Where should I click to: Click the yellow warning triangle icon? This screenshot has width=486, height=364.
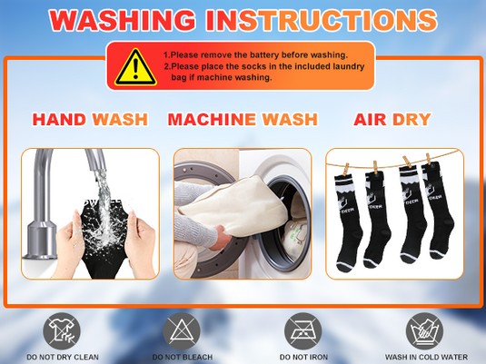point(135,67)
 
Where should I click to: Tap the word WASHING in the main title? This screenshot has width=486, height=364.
point(123,20)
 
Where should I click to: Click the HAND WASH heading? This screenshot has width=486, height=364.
point(90,119)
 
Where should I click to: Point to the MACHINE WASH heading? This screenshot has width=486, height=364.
point(243,119)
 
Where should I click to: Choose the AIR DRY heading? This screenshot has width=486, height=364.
point(392,119)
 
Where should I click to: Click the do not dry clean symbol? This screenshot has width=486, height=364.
point(62,330)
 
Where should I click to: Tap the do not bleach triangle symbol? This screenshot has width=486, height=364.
point(182,330)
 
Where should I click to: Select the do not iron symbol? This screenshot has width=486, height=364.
point(303,330)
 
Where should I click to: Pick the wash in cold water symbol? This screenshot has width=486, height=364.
point(424,330)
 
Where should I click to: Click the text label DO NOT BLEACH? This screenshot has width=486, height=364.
point(183,357)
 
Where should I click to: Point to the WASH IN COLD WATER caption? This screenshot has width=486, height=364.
point(426,357)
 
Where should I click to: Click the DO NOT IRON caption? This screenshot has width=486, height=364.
point(303,357)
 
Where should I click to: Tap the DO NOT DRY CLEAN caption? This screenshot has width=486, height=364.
point(63,357)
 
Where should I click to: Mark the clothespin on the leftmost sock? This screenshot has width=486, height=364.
point(346,170)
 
